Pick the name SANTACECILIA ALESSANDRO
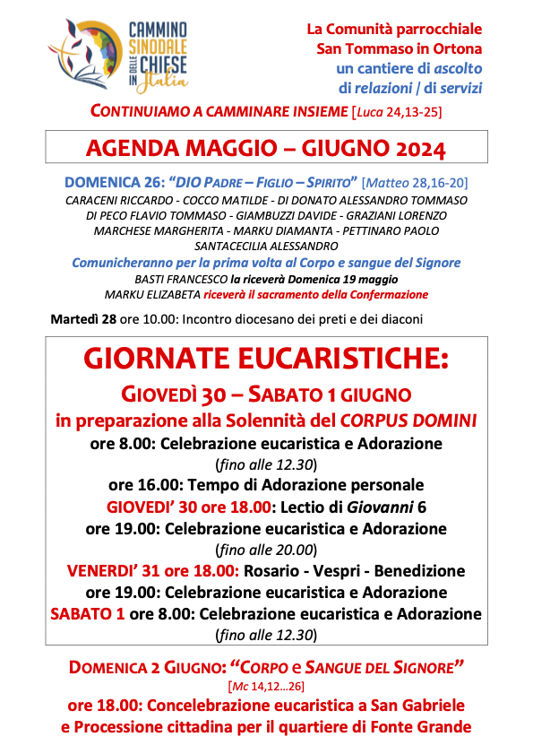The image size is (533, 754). pos(266,246)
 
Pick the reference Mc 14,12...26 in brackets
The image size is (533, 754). pos(266,687)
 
